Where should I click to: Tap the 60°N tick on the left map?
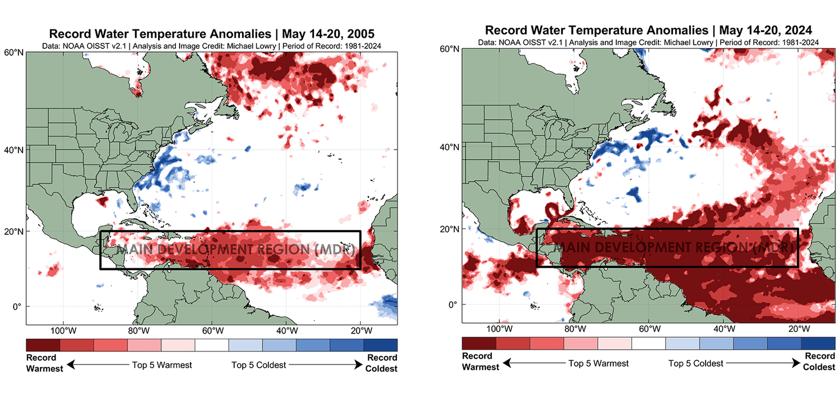(14, 52)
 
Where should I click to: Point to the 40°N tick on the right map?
(449, 147)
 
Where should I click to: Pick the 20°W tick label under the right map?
(799, 329)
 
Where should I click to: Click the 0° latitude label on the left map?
(17, 307)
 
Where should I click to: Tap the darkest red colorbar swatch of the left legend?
(43, 345)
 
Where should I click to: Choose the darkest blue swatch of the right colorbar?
(818, 343)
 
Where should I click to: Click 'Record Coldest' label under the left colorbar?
(381, 363)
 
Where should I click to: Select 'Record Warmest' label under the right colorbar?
(480, 361)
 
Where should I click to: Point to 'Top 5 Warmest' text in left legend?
(162, 365)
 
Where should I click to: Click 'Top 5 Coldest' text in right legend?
(696, 363)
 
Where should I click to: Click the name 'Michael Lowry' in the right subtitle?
(688, 42)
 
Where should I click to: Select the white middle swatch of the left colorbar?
(212, 345)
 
